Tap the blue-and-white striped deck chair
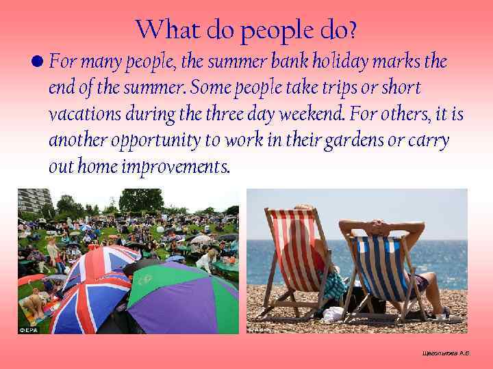pyautogui.click(x=375, y=270)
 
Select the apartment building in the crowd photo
pyautogui.click(x=34, y=201)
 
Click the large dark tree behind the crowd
pyautogui.click(x=140, y=201)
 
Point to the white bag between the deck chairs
pyautogui.click(x=333, y=313)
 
